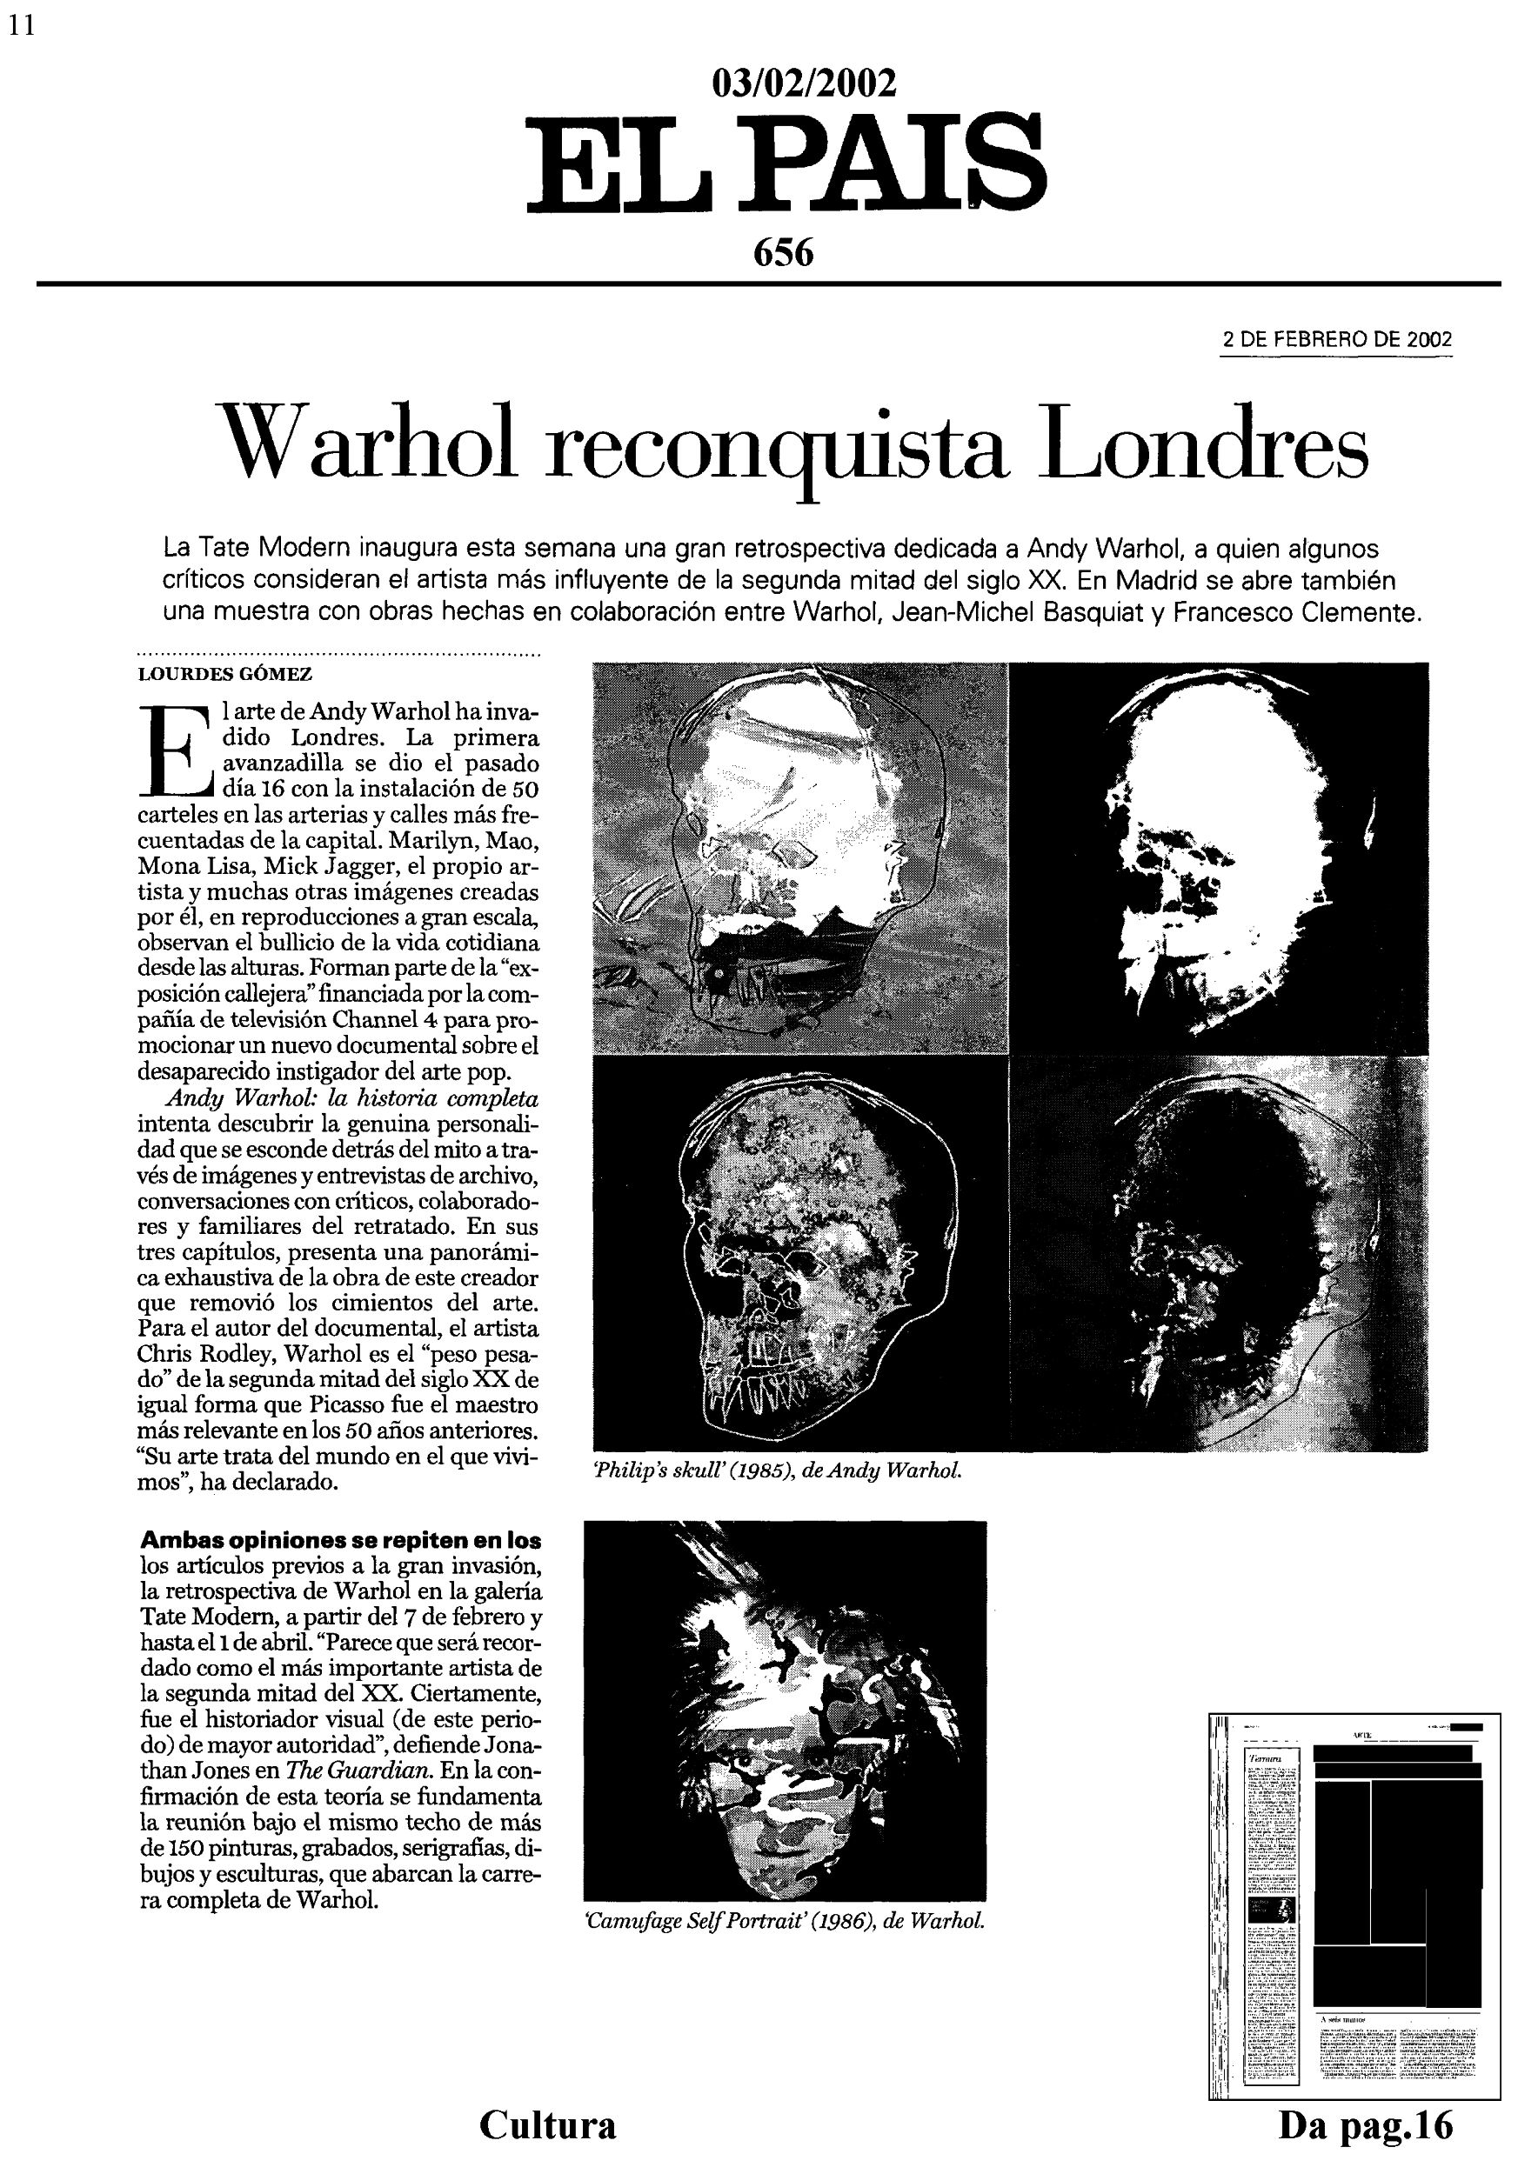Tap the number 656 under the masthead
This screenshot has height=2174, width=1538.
pyautogui.click(x=783, y=253)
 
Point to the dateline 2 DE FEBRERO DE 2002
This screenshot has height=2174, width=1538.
pyautogui.click(x=1336, y=341)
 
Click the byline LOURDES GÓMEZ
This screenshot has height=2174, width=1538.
pyautogui.click(x=225, y=675)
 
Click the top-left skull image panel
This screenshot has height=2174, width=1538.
pyautogui.click(x=800, y=857)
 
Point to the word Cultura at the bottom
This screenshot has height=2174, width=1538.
pyautogui.click(x=547, y=2124)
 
